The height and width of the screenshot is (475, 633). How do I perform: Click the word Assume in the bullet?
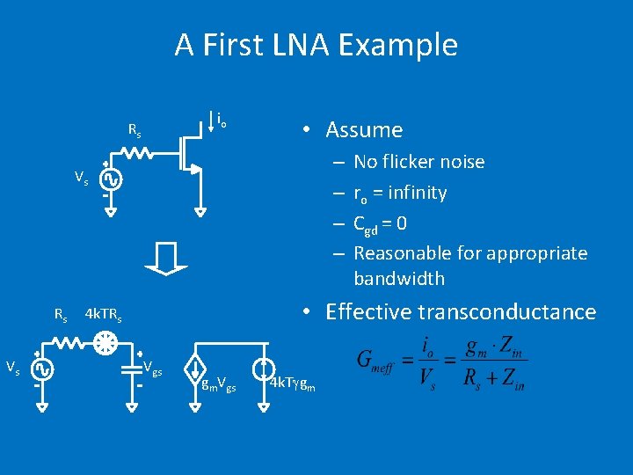point(364,130)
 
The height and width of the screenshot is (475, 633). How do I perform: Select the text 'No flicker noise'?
point(418,162)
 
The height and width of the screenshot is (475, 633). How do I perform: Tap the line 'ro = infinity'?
point(400,193)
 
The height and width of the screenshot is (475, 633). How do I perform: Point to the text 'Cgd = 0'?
point(380,223)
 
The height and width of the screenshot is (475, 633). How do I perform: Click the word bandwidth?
point(399,279)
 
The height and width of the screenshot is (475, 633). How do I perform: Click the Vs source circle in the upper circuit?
point(111,179)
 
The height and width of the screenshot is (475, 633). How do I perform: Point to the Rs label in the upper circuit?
point(135,132)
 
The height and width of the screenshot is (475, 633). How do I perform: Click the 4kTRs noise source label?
point(103,314)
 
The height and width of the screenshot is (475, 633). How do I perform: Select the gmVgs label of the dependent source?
point(218,384)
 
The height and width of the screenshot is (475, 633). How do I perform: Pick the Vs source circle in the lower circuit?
point(39,369)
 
